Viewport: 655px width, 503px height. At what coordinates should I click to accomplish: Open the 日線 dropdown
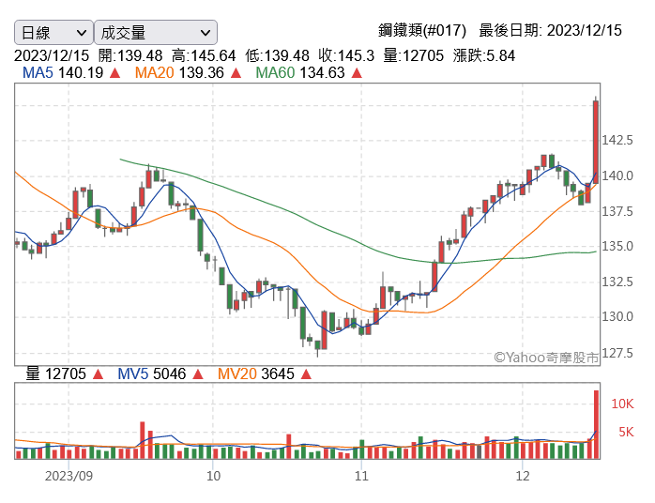pyautogui.click(x=53, y=32)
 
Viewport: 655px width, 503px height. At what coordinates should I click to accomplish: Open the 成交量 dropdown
pyautogui.click(x=156, y=32)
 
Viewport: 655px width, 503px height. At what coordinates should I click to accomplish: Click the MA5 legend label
pyautogui.click(x=38, y=72)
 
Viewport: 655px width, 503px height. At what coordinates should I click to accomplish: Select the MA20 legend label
pyautogui.click(x=154, y=72)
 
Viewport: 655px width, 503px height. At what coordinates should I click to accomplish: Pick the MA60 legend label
pyautogui.click(x=275, y=72)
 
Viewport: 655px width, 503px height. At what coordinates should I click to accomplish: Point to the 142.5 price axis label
pyautogui.click(x=617, y=140)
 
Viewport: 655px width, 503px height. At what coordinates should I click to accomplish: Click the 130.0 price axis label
pyautogui.click(x=617, y=316)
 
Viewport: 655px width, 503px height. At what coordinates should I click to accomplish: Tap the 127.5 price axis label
pyautogui.click(x=617, y=354)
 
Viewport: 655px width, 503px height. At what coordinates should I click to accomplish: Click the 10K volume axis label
pyautogui.click(x=622, y=404)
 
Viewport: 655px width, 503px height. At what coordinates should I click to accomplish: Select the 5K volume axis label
pyautogui.click(x=626, y=432)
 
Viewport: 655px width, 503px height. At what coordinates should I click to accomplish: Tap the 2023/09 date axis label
pyautogui.click(x=69, y=476)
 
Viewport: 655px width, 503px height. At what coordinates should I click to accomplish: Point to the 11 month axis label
pyautogui.click(x=362, y=476)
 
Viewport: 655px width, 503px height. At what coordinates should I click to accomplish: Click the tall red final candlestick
pyautogui.click(x=596, y=142)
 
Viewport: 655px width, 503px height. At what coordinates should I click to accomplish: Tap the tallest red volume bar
pyautogui.click(x=596, y=424)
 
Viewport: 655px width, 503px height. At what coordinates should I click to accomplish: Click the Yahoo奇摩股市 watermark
pyautogui.click(x=546, y=358)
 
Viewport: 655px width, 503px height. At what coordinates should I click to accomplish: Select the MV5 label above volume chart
pyautogui.click(x=133, y=373)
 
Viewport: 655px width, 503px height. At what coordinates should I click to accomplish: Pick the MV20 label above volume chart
pyautogui.click(x=237, y=373)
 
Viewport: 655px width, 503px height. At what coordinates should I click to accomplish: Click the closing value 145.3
pyautogui.click(x=356, y=55)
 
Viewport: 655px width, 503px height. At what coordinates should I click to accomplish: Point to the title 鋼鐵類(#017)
pyautogui.click(x=422, y=30)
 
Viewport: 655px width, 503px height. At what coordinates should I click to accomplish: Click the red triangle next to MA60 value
pyautogui.click(x=357, y=73)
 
